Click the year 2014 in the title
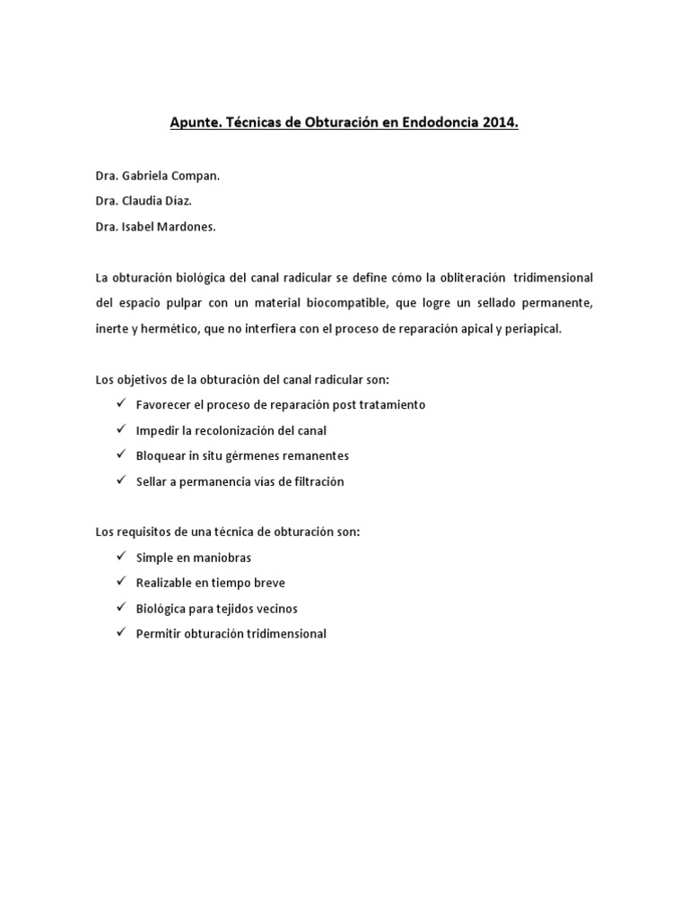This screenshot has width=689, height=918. click(501, 124)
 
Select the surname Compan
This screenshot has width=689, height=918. click(196, 177)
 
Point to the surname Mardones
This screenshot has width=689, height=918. click(187, 227)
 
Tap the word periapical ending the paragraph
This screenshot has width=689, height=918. click(532, 329)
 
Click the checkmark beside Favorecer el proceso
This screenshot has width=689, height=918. click(119, 404)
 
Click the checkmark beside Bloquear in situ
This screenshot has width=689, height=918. click(119, 455)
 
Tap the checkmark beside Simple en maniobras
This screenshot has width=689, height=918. click(119, 557)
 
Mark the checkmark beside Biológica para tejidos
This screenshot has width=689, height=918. click(119, 608)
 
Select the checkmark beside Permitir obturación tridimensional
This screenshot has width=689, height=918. click(119, 633)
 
